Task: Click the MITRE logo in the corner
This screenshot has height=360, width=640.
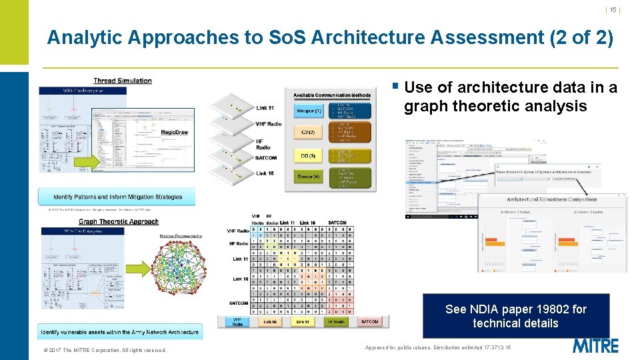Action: point(595,346)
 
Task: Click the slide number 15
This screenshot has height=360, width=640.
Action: point(613,9)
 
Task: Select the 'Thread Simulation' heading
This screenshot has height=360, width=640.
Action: point(123,81)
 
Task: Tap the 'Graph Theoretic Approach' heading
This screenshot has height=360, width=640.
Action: point(119,221)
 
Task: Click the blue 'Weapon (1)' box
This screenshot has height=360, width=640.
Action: point(308,111)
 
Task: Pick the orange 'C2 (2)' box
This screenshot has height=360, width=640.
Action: point(308,133)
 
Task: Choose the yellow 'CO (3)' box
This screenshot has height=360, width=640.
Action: point(308,155)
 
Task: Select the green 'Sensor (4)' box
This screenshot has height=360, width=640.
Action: point(308,177)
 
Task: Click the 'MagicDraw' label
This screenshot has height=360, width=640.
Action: point(175,132)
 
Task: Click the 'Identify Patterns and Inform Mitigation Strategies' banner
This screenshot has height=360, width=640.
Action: point(118,197)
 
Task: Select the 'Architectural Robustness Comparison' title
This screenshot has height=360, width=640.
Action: point(551,199)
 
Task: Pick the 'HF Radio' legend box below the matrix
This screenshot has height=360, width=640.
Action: point(337,322)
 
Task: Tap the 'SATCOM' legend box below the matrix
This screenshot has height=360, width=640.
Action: point(369,322)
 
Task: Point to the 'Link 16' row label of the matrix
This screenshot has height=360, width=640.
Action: point(240,279)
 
